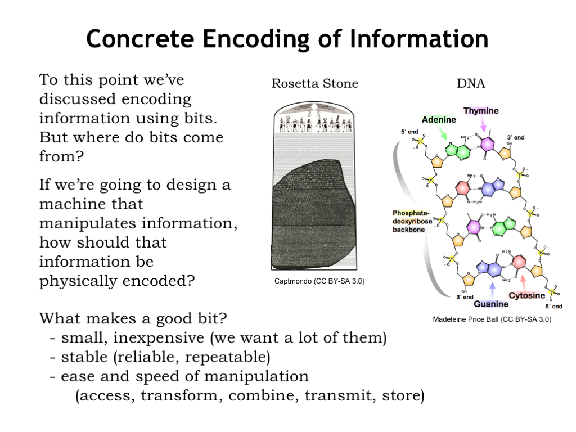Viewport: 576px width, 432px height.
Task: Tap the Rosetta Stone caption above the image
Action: click(x=315, y=84)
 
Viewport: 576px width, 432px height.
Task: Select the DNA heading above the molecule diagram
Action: click(x=471, y=84)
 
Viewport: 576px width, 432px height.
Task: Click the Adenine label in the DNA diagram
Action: click(x=439, y=120)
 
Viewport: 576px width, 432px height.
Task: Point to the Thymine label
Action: click(x=481, y=111)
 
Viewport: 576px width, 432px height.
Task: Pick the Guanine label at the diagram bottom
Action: click(x=491, y=304)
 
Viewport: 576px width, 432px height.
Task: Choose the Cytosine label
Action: click(x=527, y=295)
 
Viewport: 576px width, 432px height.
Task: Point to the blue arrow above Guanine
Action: click(x=493, y=289)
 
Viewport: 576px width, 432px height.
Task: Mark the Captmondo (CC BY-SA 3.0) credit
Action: click(x=319, y=281)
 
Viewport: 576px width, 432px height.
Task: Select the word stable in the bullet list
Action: click(x=84, y=357)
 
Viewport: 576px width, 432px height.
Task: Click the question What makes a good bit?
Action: click(x=133, y=319)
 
